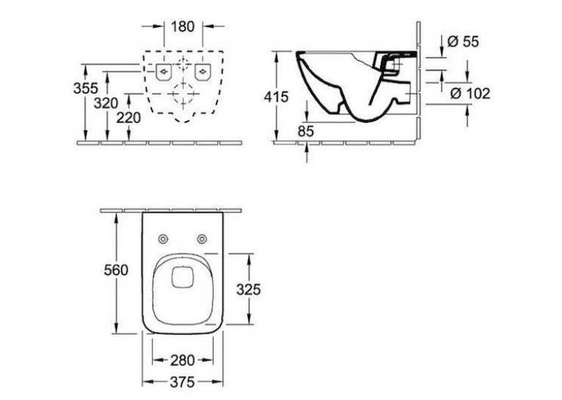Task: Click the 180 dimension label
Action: [x=183, y=26]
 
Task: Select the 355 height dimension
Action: [x=86, y=88]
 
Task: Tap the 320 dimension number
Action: [x=106, y=103]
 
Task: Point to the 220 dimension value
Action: [x=128, y=117]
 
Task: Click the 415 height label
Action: [x=276, y=97]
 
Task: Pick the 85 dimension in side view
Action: [x=306, y=131]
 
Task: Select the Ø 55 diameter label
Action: [x=463, y=42]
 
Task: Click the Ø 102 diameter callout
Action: [x=470, y=93]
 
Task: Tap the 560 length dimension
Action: [x=116, y=270]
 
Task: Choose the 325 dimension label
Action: [x=249, y=290]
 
